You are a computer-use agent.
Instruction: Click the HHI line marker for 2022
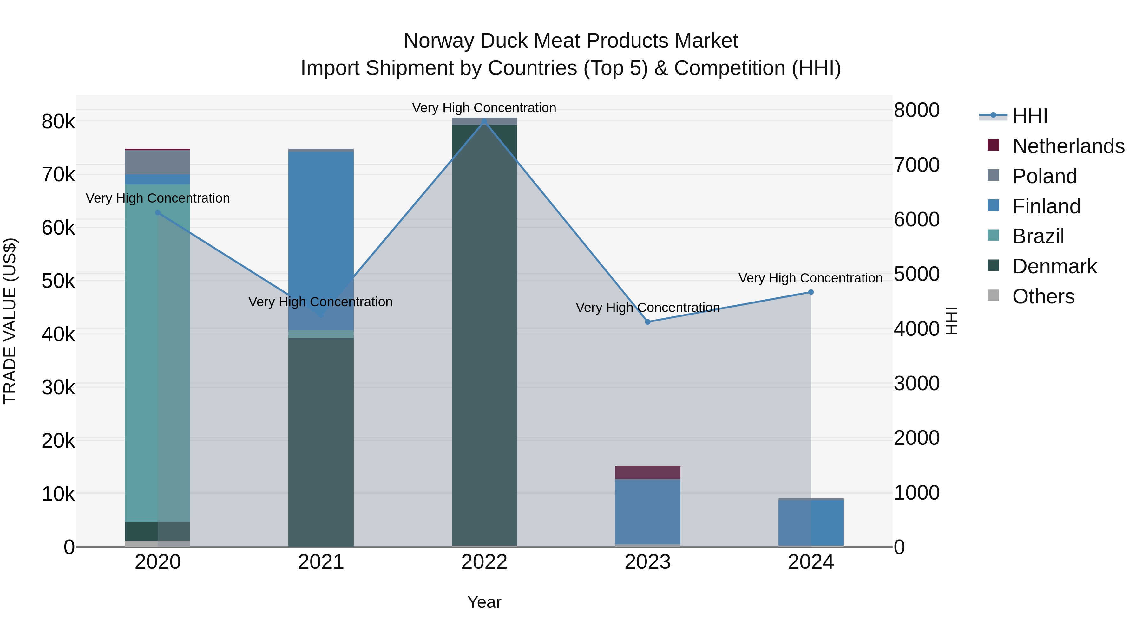[x=484, y=121]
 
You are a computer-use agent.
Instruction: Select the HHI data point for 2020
[x=158, y=213]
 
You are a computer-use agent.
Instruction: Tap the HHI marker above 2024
[x=811, y=292]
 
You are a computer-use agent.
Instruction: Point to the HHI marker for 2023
[x=648, y=322]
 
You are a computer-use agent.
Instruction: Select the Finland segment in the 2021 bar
[x=321, y=239]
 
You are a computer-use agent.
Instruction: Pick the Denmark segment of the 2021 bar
[x=321, y=443]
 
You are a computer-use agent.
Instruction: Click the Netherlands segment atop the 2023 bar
[x=648, y=472]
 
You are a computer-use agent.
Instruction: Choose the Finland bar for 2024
[x=811, y=523]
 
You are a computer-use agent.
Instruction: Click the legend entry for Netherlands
[x=1068, y=146]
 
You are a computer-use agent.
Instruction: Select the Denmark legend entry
[x=1054, y=266]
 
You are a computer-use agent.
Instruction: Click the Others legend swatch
[x=994, y=295]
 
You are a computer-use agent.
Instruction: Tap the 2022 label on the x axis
[x=484, y=562]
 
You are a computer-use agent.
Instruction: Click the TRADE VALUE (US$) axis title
[x=10, y=321]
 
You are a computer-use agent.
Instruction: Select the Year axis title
[x=484, y=602]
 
